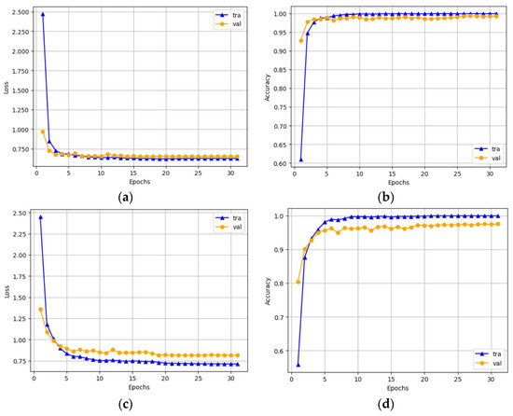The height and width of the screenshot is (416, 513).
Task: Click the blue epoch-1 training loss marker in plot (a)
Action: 43,15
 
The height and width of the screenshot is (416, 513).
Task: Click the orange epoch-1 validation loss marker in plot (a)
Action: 43,132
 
